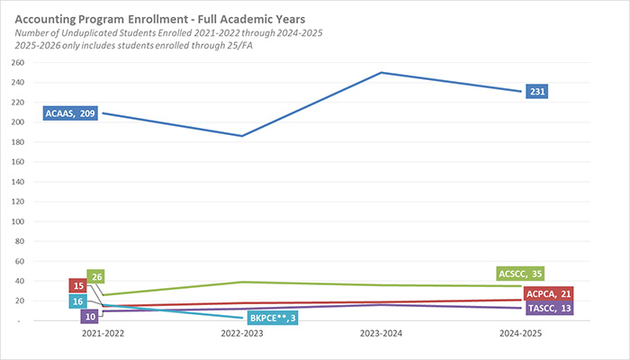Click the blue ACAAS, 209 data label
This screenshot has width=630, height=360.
(69, 114)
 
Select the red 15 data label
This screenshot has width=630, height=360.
(78, 286)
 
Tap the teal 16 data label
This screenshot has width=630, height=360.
(78, 301)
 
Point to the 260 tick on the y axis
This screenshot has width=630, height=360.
(18, 63)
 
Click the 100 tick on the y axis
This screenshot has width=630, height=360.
(18, 221)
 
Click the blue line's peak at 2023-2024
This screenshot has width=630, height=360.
(384, 73)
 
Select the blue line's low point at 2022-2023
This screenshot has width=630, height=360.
(243, 136)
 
